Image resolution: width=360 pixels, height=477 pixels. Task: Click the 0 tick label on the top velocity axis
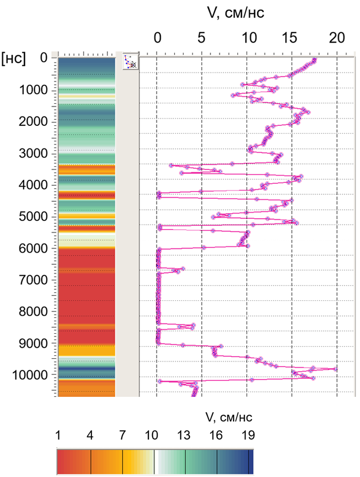pyautogui.click(x=158, y=38)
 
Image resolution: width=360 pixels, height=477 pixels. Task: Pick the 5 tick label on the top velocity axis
pyautogui.click(x=201, y=38)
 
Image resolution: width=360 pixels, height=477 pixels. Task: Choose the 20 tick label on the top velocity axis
pyautogui.click(x=336, y=38)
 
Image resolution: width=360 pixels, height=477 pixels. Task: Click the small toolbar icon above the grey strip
pyautogui.click(x=131, y=61)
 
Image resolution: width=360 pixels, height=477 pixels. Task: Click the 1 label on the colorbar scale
pyautogui.click(x=58, y=435)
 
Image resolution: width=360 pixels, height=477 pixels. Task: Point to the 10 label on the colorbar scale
pyautogui.click(x=151, y=435)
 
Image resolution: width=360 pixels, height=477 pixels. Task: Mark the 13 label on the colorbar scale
pyautogui.click(x=183, y=435)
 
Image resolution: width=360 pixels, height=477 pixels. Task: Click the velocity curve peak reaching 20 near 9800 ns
pyautogui.click(x=336, y=369)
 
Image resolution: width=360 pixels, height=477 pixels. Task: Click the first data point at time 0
pyautogui.click(x=314, y=60)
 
